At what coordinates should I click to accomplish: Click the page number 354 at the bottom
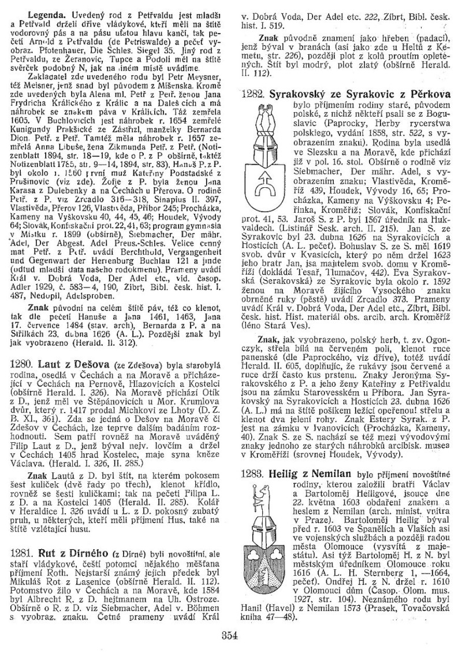point(230,634)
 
